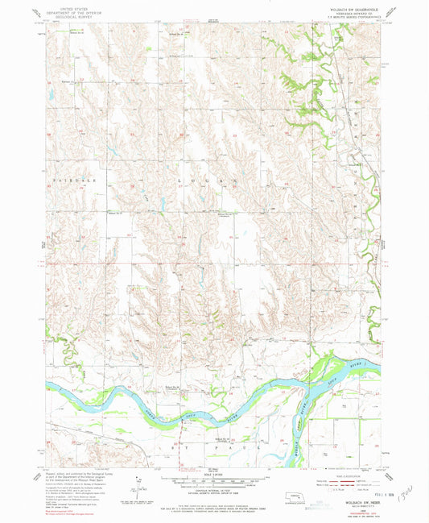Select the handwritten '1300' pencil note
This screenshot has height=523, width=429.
pyautogui.click(x=407, y=492)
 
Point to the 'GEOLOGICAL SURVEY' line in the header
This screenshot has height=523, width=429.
pyautogui.click(x=68, y=15)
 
